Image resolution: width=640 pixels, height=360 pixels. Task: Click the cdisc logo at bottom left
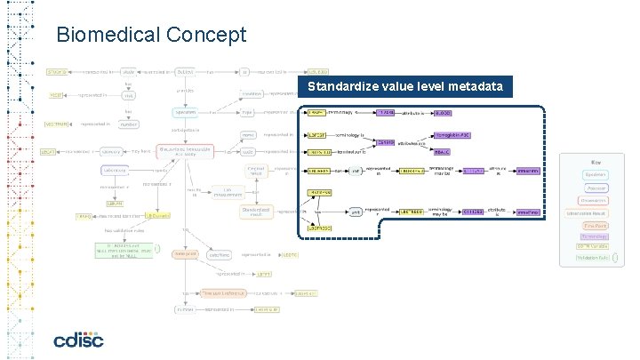point(78,339)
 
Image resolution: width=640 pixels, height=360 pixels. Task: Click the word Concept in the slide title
point(211,35)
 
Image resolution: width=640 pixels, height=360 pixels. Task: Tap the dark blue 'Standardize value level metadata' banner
point(405,87)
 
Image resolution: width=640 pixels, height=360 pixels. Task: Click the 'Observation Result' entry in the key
point(588,213)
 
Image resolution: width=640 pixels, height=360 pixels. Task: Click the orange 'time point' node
point(186,253)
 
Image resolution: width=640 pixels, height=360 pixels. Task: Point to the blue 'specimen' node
point(186,113)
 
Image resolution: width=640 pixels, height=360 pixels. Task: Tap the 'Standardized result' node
point(255,212)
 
